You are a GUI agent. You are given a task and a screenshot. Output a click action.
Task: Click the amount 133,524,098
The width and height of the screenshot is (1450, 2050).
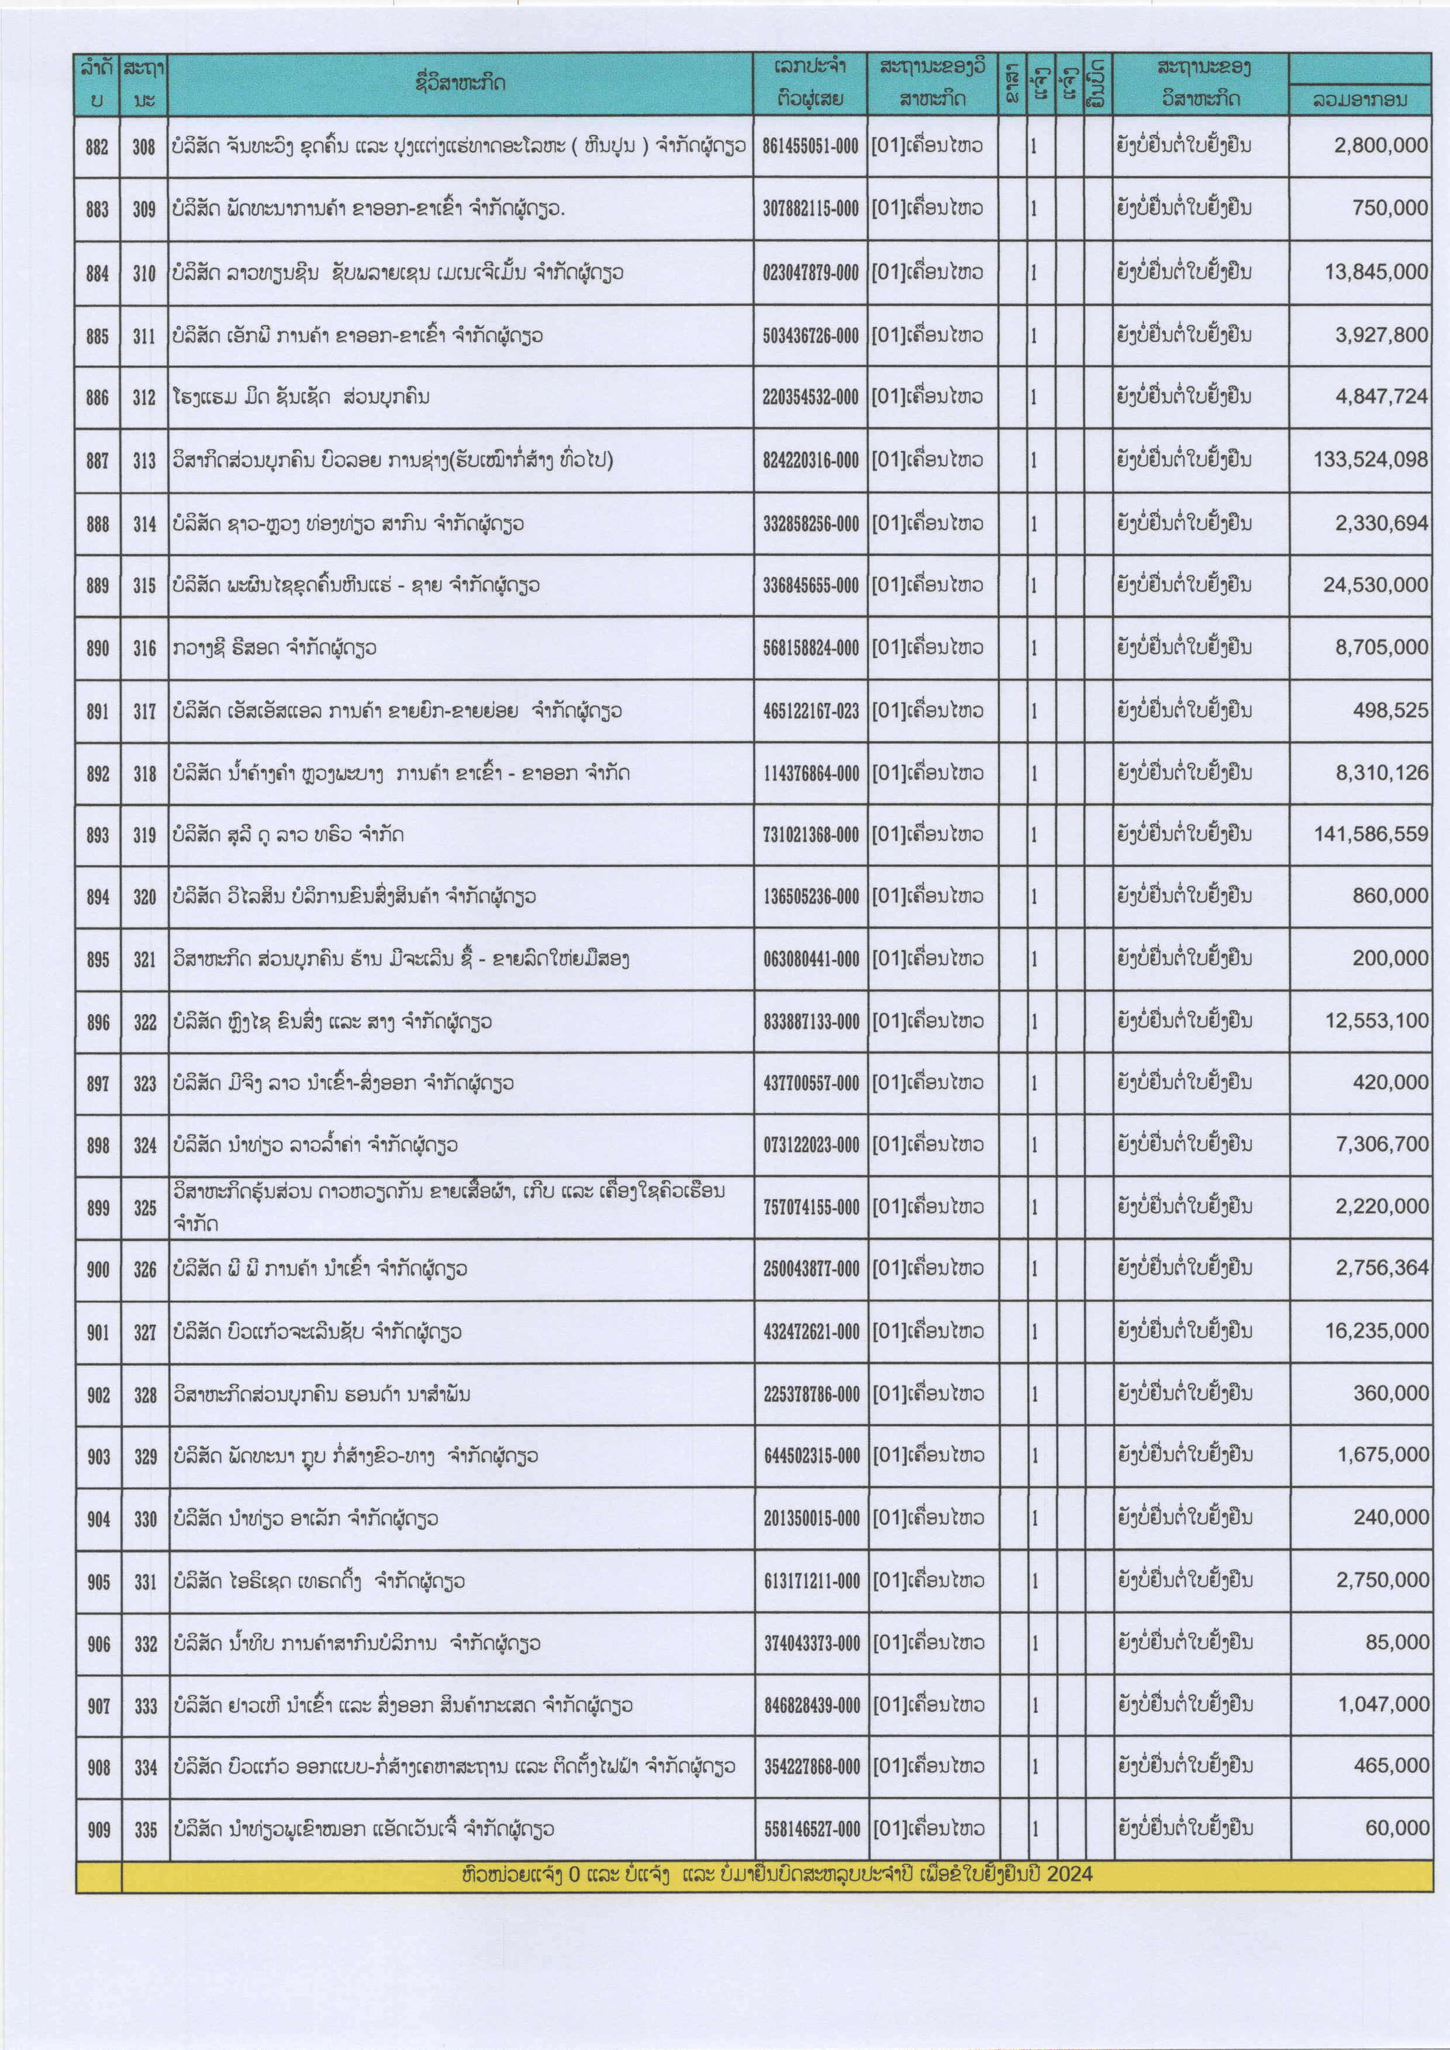pos(1370,460)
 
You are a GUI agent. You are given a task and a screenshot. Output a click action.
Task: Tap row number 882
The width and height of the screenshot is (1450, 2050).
pos(97,146)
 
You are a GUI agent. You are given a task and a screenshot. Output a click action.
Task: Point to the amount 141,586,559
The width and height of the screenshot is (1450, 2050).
pos(1370,834)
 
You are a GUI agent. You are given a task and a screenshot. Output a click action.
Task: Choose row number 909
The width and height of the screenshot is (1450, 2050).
pos(98,1830)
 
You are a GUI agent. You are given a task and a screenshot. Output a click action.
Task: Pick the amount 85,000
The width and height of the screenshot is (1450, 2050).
pos(1396,1642)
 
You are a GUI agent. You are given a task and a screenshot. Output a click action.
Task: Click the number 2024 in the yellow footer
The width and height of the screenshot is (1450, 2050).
pos(1069,1873)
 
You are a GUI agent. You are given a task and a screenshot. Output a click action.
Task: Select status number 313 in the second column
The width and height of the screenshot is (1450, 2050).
pos(144,461)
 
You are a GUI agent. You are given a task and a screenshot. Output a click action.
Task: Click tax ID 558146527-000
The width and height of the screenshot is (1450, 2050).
pos(812,1830)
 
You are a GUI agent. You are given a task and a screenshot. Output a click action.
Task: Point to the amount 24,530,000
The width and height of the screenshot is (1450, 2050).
pos(1375,585)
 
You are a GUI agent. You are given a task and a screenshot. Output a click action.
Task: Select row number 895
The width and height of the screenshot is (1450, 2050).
pos(98,959)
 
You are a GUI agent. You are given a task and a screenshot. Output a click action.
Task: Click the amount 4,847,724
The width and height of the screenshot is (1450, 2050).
pos(1380,396)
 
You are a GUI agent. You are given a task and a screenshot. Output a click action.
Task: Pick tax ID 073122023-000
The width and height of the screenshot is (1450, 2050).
pos(811,1145)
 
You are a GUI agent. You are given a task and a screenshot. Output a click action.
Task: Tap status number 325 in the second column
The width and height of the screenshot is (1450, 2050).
pos(144,1207)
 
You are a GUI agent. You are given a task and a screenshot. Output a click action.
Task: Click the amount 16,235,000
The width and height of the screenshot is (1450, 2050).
pos(1376,1330)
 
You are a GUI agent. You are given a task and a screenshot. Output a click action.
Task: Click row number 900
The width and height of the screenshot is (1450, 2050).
pos(98,1268)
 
